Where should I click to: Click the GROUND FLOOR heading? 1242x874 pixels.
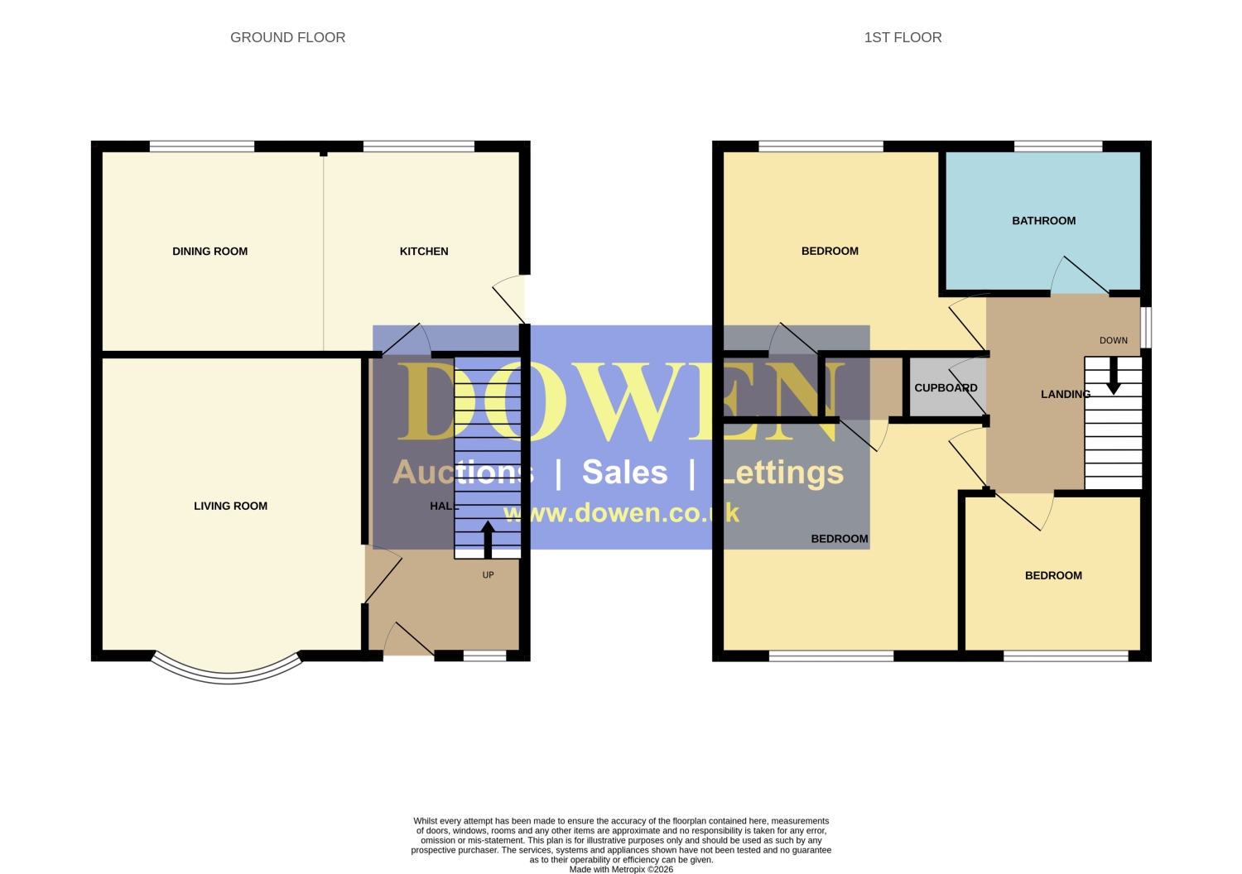288,37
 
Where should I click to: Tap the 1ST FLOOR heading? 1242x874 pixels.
903,37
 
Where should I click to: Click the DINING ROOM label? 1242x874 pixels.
210,251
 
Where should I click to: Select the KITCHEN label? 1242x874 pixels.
424,251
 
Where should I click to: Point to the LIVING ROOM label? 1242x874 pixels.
231,506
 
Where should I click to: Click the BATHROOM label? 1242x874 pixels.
1044,221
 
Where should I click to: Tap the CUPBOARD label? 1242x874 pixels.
946,387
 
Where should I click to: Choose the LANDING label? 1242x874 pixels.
1066,394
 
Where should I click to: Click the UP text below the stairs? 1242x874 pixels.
488,574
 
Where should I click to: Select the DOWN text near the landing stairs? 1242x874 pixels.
1114,340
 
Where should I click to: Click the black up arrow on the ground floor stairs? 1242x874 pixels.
488,540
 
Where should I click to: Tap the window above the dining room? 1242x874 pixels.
202,146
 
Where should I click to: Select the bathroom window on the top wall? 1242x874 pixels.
1058,146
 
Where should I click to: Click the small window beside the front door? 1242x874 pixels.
484,656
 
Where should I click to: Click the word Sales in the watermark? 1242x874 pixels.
625,473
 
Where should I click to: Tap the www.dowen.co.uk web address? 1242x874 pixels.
622,513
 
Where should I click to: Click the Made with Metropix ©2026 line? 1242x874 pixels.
621,869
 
